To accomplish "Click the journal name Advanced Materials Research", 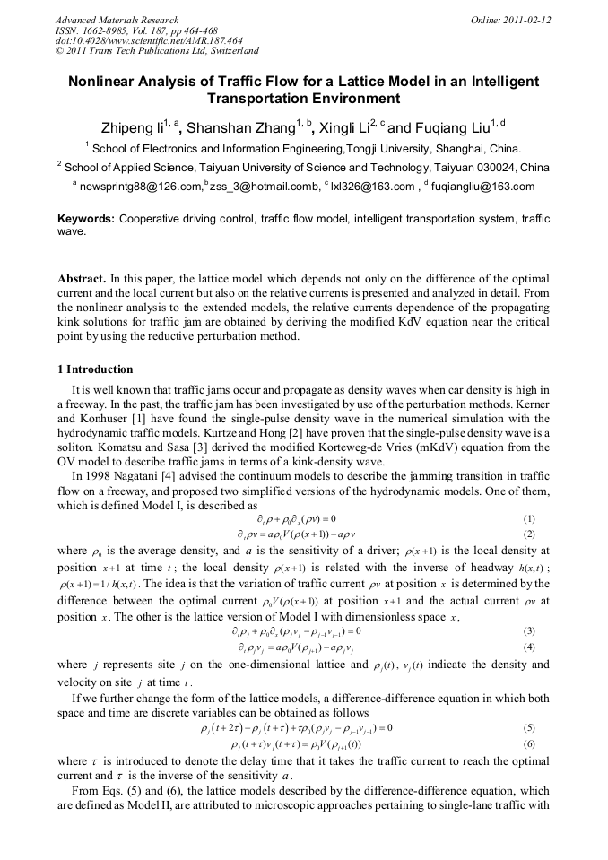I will tap(117, 20).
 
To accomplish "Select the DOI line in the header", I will tap(149, 41).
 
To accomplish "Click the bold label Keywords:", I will tap(86, 219).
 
